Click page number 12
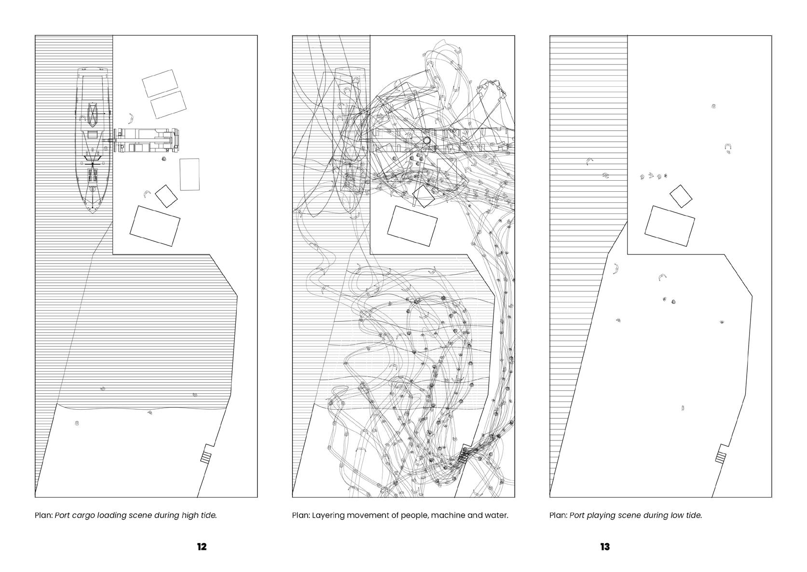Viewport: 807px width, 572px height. pos(202,547)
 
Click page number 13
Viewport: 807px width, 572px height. pos(605,547)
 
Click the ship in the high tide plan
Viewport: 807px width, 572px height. pos(93,140)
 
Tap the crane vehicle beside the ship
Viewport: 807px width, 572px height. pos(146,140)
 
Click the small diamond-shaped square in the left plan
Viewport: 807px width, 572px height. pos(166,196)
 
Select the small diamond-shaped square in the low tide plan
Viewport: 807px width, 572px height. pos(681,196)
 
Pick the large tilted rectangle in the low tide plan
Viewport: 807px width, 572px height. pos(670,226)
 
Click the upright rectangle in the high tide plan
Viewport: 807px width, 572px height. pos(190,174)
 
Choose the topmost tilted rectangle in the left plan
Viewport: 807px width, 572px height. pos(160,83)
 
